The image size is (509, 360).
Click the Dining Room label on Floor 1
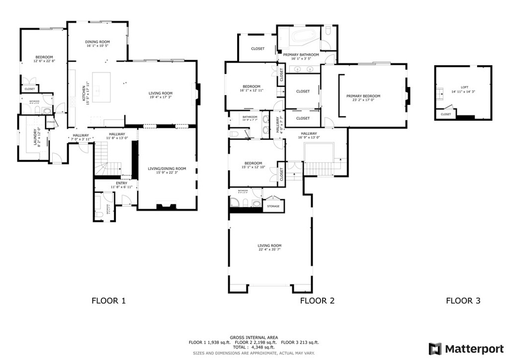point(97,42)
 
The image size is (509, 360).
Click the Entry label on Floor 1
point(121,183)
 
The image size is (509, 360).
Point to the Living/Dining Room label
point(167,169)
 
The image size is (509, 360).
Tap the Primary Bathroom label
point(301,55)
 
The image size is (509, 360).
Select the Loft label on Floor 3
point(464,87)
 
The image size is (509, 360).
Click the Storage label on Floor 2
point(273,206)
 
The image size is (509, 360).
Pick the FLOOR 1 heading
point(109,300)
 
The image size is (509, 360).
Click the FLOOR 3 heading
point(463,300)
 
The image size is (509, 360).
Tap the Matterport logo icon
point(435,349)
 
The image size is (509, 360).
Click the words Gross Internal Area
point(254,337)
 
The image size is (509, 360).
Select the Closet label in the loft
point(446,114)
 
